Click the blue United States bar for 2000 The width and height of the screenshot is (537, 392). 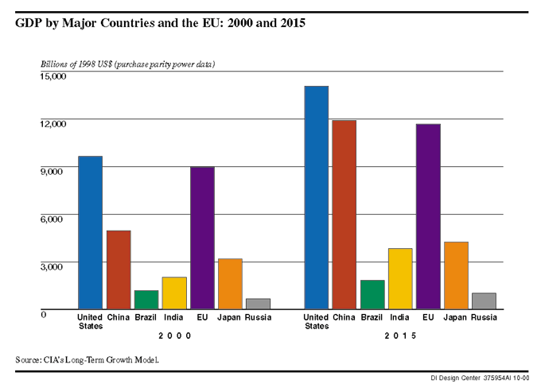(x=90, y=232)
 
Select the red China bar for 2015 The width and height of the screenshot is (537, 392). (x=344, y=215)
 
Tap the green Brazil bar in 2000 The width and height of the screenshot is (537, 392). (x=146, y=300)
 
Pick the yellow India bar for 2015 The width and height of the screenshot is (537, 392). (x=399, y=278)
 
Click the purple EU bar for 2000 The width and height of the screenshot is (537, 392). (x=201, y=238)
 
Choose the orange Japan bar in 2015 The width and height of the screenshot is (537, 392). (x=455, y=275)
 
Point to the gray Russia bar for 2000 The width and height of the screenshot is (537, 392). (x=257, y=304)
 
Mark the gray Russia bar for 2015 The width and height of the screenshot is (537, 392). (x=483, y=301)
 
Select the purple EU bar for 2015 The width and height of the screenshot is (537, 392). (x=427, y=216)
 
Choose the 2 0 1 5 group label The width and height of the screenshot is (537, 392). (x=400, y=336)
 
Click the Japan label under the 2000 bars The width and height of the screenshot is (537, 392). (x=229, y=318)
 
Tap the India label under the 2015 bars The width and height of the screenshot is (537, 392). (x=399, y=318)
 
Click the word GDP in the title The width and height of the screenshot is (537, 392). (x=29, y=24)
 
